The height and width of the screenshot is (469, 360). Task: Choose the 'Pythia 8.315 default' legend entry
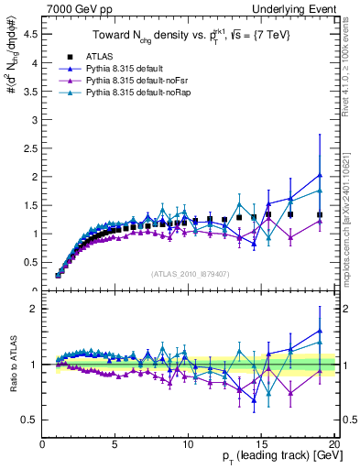[x=127, y=69]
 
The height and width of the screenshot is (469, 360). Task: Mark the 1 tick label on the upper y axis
[x=34, y=234]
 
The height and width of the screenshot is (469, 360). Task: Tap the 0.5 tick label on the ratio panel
[x=30, y=420]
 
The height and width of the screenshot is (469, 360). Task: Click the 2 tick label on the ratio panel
[x=34, y=309]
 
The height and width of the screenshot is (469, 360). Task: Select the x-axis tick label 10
[x=188, y=446]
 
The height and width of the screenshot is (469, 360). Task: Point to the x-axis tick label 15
[x=261, y=446]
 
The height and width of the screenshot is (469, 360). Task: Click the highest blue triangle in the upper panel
[x=319, y=175]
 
